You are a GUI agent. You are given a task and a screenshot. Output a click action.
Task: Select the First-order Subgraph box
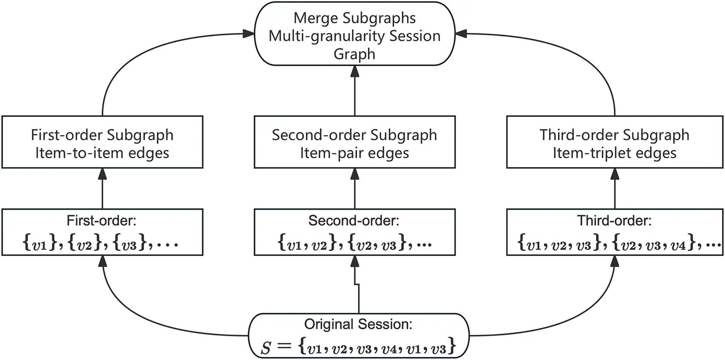[x=102, y=142]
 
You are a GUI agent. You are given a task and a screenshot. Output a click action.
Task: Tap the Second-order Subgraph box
[x=355, y=142]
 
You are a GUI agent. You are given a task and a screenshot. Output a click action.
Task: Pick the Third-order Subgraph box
[x=614, y=142]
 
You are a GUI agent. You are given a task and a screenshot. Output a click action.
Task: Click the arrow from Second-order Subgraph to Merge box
[x=355, y=92]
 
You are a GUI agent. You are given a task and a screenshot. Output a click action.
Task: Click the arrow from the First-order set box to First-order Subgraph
[x=102, y=189]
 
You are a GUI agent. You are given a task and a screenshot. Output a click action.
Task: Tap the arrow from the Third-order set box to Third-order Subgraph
[x=614, y=189]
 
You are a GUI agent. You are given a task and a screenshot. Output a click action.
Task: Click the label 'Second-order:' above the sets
[x=354, y=220]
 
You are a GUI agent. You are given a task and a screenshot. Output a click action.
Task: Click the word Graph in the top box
[x=354, y=54]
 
